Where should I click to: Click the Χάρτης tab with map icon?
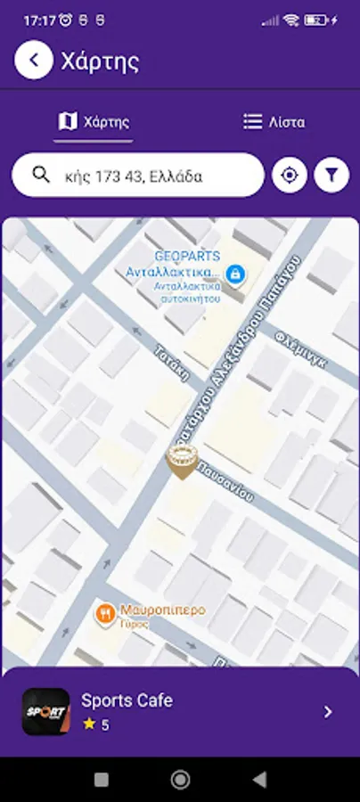pos(94,122)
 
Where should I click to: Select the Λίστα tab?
pos(274,122)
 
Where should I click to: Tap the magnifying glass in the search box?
pos(40,176)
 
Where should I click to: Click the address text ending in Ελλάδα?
pos(134,176)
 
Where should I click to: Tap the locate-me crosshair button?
pos(289,176)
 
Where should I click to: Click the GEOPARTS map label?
pos(187,256)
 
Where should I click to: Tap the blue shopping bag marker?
pos(235,274)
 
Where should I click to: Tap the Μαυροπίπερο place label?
pos(161,610)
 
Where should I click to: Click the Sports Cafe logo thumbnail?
pos(45,711)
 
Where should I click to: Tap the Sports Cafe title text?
pos(127,700)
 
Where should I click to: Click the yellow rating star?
pos(88,724)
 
